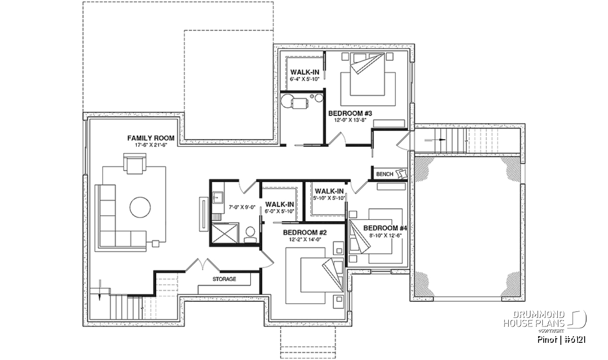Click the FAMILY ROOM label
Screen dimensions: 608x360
click(x=151, y=138)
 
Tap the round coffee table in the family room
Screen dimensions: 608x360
click(x=140, y=207)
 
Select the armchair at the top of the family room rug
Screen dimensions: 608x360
click(x=135, y=164)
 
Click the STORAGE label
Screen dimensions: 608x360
click(x=224, y=279)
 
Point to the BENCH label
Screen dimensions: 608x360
click(x=385, y=174)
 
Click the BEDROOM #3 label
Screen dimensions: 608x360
click(x=350, y=113)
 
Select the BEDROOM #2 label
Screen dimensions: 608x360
click(x=305, y=232)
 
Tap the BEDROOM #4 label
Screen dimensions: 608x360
click(x=385, y=228)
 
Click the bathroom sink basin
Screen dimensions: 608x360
click(x=218, y=198)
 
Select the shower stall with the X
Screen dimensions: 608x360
click(x=225, y=233)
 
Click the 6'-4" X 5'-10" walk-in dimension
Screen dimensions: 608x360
click(x=305, y=79)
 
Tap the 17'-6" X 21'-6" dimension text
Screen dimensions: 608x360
click(x=151, y=145)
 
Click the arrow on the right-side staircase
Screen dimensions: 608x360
click(x=435, y=140)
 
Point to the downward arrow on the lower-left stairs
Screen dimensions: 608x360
click(x=100, y=290)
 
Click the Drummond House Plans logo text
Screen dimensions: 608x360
click(x=534, y=319)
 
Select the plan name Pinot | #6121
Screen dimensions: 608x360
click(x=561, y=340)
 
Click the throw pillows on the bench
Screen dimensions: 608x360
click(x=401, y=173)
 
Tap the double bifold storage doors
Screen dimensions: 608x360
click(x=203, y=264)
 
